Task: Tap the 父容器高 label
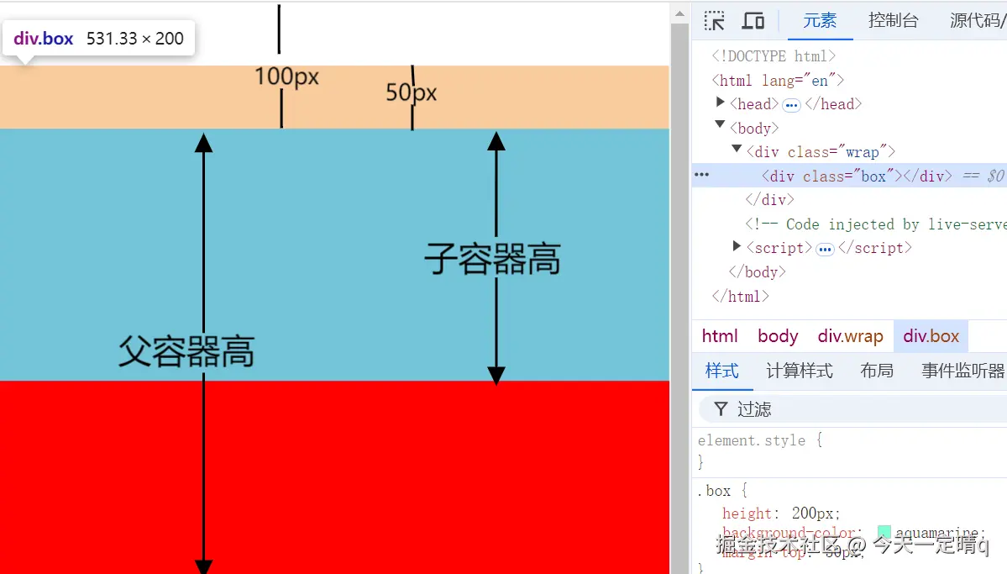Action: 186,350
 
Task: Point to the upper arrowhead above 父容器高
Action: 203,142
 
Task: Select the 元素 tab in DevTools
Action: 819,21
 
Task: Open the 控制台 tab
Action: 893,21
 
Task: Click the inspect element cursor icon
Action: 715,21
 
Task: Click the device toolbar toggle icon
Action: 753,21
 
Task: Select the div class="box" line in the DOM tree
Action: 840,176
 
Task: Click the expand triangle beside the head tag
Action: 721,103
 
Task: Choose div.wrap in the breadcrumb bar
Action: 850,336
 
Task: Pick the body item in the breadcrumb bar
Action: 777,336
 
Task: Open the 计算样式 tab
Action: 799,371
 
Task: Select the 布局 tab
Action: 877,371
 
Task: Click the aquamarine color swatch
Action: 884,532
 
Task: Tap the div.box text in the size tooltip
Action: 44,39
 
